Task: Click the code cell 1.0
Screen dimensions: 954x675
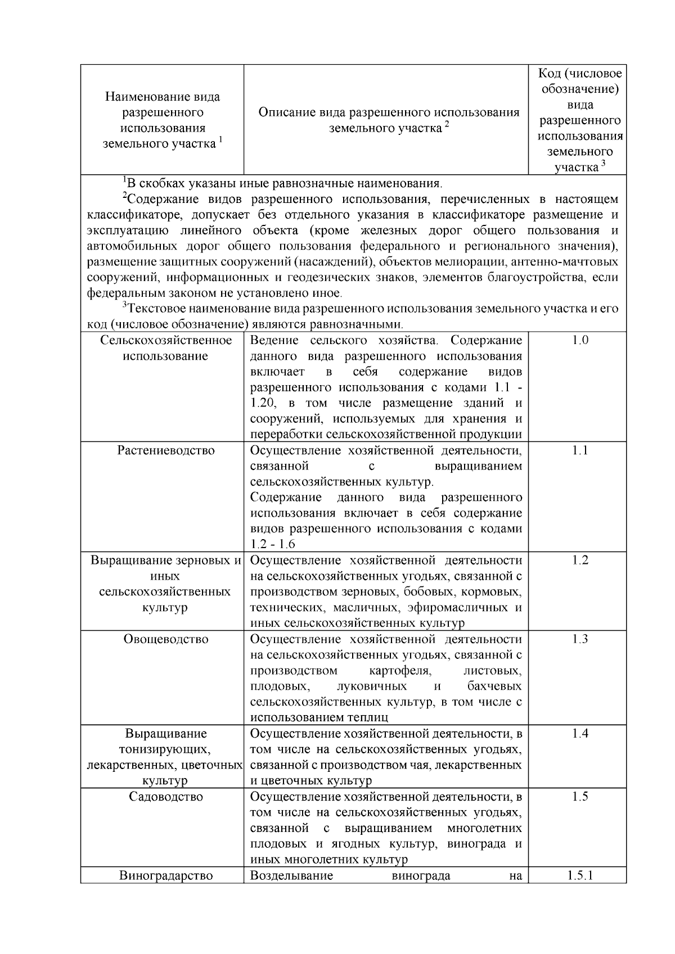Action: [579, 340]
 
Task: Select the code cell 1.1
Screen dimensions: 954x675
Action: [579, 450]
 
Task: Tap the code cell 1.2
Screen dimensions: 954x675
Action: [579, 560]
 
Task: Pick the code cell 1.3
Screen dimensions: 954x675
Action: [579, 639]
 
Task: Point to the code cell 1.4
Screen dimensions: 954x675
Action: [579, 733]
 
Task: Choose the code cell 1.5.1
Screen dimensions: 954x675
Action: [579, 875]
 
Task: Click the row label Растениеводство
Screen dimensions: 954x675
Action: [166, 450]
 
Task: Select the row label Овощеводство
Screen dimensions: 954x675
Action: [166, 639]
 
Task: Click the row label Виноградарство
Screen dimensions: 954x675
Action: [166, 875]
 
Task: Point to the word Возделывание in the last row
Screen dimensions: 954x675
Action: [291, 875]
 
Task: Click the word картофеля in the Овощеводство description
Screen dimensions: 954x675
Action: [400, 671]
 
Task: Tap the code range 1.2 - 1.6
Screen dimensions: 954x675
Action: [273, 544]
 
